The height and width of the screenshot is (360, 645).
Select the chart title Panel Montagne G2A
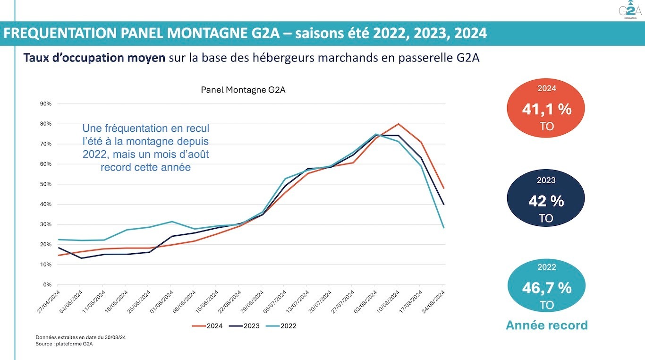tap(243, 90)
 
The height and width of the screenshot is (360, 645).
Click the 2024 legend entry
tap(207, 326)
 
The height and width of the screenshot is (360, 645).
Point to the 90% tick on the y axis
tap(46, 104)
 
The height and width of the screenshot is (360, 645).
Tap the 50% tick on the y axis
tap(46, 184)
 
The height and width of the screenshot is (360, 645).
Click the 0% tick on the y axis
tap(48, 285)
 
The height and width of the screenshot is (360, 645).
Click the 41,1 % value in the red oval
tap(546, 110)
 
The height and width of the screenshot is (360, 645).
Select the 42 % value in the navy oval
tap(546, 201)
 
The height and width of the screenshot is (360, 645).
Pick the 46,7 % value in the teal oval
tap(546, 288)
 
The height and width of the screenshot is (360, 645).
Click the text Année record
tap(546, 325)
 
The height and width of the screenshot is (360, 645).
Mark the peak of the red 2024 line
tap(398, 124)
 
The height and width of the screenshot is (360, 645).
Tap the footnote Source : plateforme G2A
tap(64, 344)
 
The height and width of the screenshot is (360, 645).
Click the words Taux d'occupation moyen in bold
tap(94, 58)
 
